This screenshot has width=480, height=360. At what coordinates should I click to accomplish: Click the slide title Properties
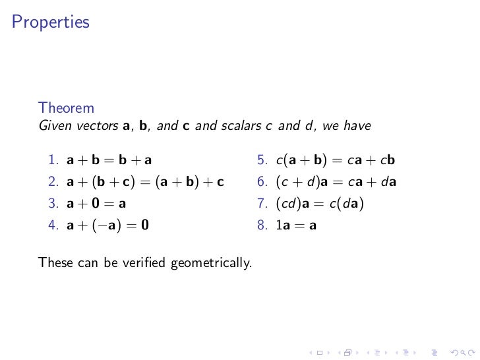pos(50,23)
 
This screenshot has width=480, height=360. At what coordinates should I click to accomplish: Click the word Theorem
pos(66,107)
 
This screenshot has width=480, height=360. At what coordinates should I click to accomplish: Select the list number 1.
pos(52,160)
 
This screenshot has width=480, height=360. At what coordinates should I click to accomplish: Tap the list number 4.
pos(52,225)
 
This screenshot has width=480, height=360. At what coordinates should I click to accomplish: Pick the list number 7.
pos(262,204)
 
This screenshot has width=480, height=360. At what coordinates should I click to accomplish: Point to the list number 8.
pos(262,225)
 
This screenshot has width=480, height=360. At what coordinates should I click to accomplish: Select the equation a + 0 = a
pos(96,204)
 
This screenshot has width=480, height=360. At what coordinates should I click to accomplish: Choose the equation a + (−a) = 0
pos(107,225)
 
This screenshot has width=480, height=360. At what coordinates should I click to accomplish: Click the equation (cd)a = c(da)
pos(320,204)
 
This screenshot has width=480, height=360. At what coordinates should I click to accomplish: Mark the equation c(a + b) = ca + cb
pos(336,160)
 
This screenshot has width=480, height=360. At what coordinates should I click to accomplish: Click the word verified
pos(146,263)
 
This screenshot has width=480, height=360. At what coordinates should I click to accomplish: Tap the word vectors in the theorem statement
pos(92,125)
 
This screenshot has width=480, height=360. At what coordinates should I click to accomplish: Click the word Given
pos(53,125)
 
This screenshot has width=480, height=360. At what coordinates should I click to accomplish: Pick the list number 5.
pos(262,160)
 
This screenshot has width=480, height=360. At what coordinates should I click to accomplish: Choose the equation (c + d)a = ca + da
pos(336,182)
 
